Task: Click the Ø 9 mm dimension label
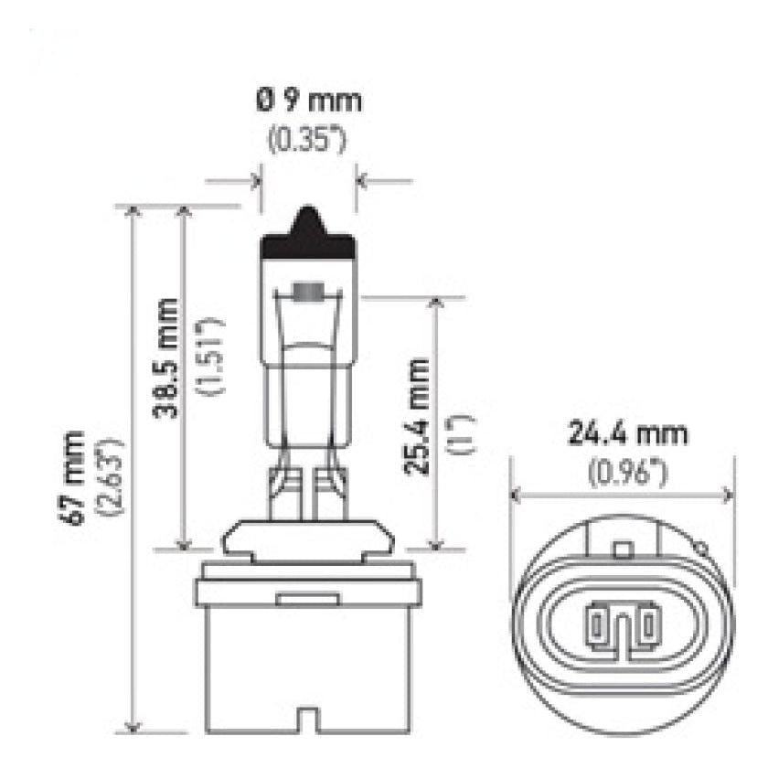click(x=308, y=100)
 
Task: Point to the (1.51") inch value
click(x=210, y=357)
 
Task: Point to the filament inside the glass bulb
click(x=308, y=293)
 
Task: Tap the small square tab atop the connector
click(x=624, y=549)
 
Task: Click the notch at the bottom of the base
click(x=308, y=725)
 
